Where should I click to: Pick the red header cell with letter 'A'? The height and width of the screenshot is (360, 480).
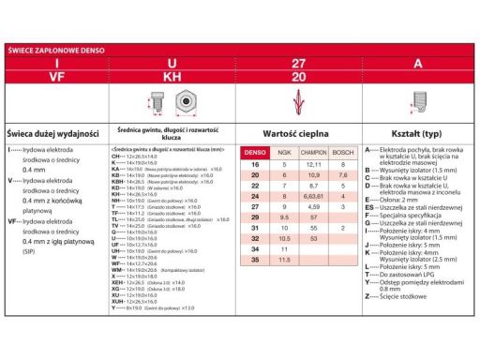tap(417, 64)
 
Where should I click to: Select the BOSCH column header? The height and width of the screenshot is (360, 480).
tap(342, 153)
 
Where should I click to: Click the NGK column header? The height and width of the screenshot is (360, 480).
tap(283, 153)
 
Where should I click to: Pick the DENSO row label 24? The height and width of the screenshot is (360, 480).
tap(255, 197)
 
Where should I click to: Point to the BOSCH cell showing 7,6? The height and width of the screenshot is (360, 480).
tap(342, 175)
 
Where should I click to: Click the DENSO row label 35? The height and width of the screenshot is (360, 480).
tap(255, 260)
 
